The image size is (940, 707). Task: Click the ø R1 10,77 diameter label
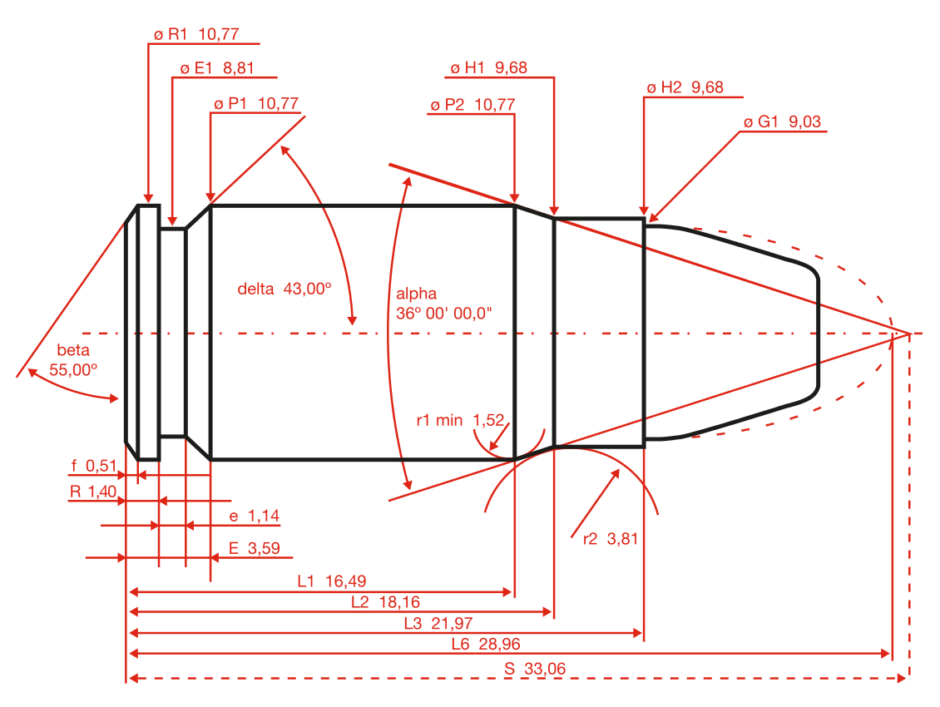click(196, 34)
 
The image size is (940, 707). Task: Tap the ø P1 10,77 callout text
click(255, 103)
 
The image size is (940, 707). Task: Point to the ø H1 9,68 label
click(488, 68)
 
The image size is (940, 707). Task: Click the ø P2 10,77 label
click(472, 105)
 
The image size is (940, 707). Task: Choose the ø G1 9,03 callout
click(782, 122)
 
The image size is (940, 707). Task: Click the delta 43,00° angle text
click(284, 289)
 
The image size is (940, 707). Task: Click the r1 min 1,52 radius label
click(460, 420)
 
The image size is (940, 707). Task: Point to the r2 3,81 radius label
click(610, 538)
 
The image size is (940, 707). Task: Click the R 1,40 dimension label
click(92, 492)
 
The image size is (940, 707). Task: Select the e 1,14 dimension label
click(254, 517)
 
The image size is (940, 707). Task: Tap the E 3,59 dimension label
click(254, 548)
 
